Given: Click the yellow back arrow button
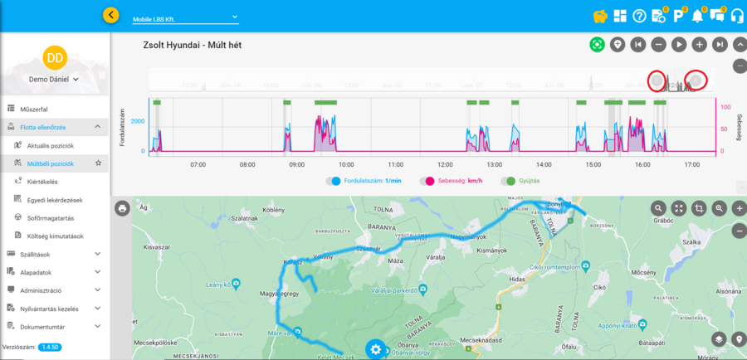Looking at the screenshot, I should click(x=111, y=15).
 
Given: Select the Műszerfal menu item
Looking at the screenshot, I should click(x=33, y=109).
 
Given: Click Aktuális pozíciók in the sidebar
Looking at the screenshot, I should click(x=50, y=145).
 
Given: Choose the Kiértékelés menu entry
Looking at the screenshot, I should click(x=42, y=182).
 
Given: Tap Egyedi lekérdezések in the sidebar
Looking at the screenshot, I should click(x=56, y=199).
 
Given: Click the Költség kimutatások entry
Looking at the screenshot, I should click(x=57, y=236).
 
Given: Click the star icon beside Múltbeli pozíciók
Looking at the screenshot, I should click(x=98, y=163).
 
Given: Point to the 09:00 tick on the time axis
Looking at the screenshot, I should click(x=296, y=165).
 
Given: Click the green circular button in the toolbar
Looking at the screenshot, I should click(x=596, y=45).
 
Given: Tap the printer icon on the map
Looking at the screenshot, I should click(x=122, y=208).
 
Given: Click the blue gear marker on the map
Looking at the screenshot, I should click(x=376, y=349).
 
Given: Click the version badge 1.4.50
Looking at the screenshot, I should click(x=49, y=347).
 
